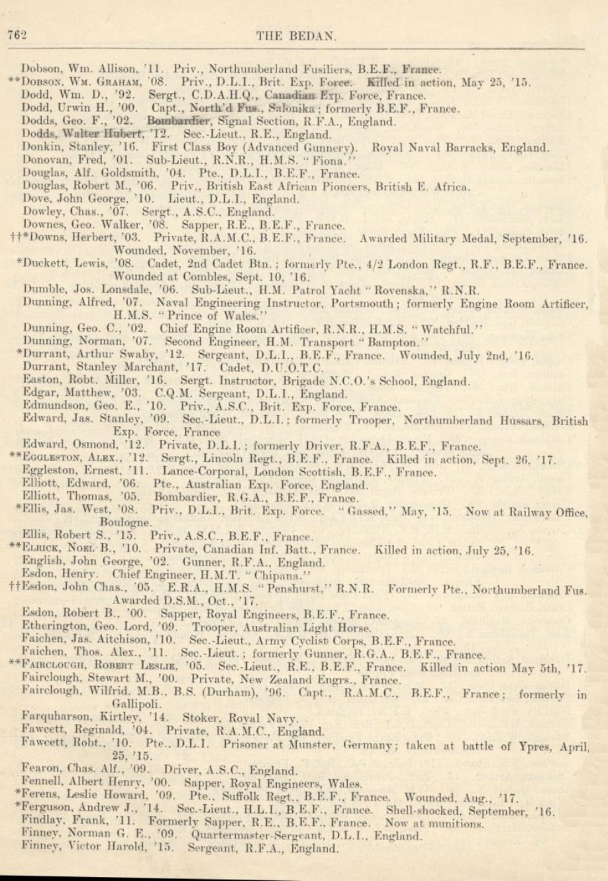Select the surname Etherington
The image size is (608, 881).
(x=55, y=627)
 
